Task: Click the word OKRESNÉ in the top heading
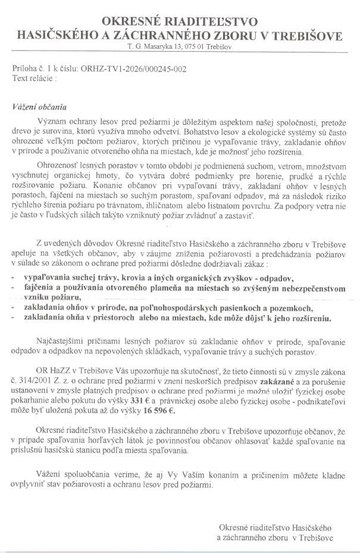coord(134,22)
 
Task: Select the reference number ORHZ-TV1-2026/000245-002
coord(131,69)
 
